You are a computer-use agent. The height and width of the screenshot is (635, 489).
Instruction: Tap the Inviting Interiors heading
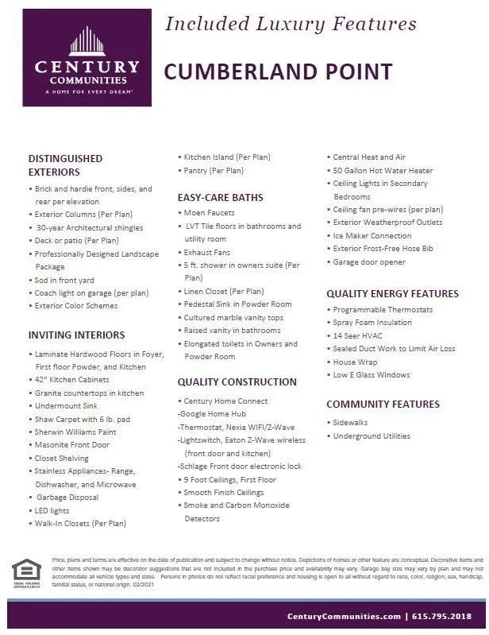(x=76, y=335)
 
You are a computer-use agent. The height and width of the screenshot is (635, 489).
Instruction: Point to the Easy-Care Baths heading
(x=220, y=197)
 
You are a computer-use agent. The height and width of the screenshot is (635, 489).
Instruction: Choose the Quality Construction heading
(x=236, y=382)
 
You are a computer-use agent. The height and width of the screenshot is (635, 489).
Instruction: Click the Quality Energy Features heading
(x=392, y=293)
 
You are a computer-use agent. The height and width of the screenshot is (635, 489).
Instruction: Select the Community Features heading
(x=383, y=405)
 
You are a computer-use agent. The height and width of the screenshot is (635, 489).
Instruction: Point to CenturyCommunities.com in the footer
(x=344, y=616)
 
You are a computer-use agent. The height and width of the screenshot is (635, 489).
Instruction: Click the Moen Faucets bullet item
(x=210, y=213)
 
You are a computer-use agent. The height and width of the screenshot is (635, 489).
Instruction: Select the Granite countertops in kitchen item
(x=90, y=393)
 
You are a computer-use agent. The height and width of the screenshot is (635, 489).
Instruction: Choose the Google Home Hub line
(x=213, y=414)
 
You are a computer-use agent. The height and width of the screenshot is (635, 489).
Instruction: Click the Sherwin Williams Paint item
(x=75, y=432)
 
